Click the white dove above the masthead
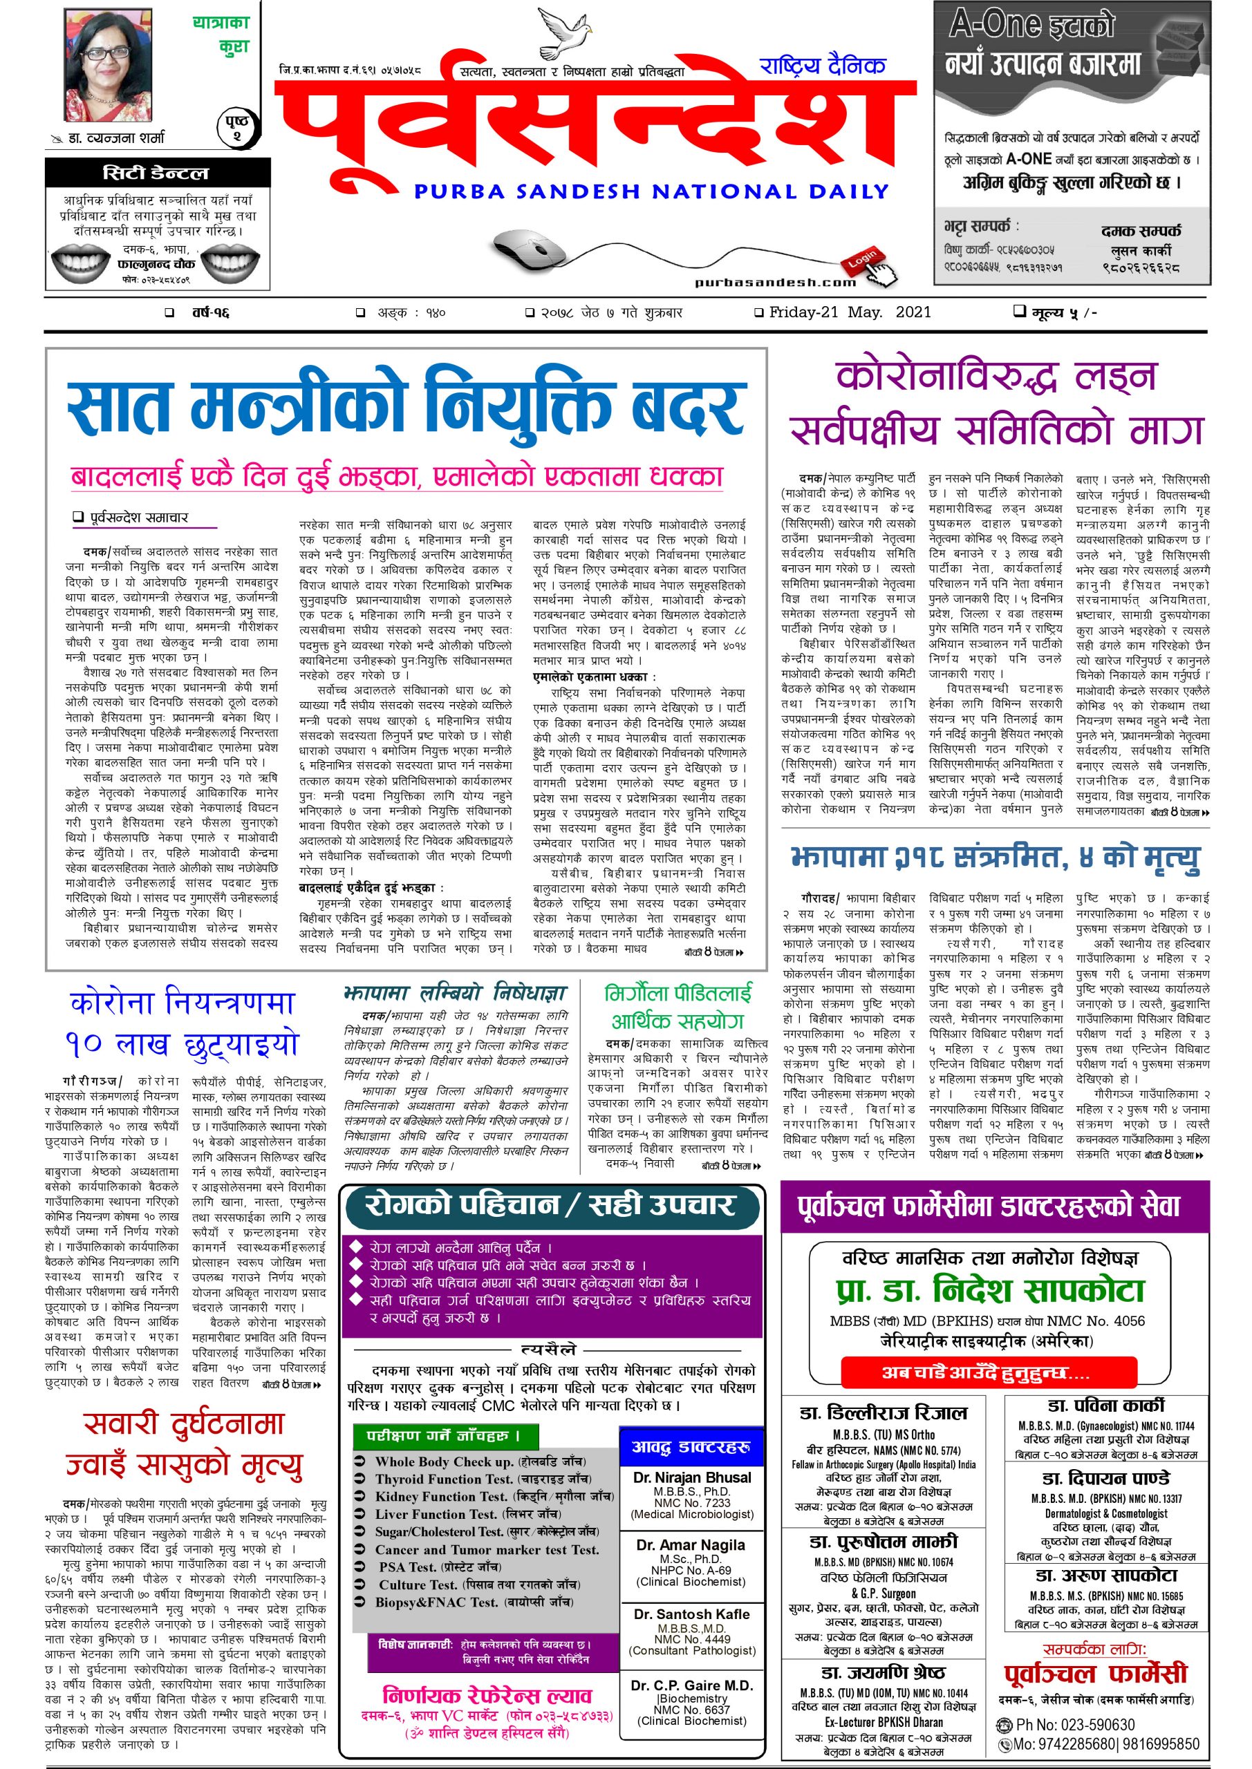(x=564, y=32)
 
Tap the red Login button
(x=863, y=260)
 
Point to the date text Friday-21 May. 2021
(x=849, y=313)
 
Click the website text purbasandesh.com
(x=776, y=282)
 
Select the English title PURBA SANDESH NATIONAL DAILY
(x=651, y=191)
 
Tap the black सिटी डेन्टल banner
(x=157, y=173)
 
